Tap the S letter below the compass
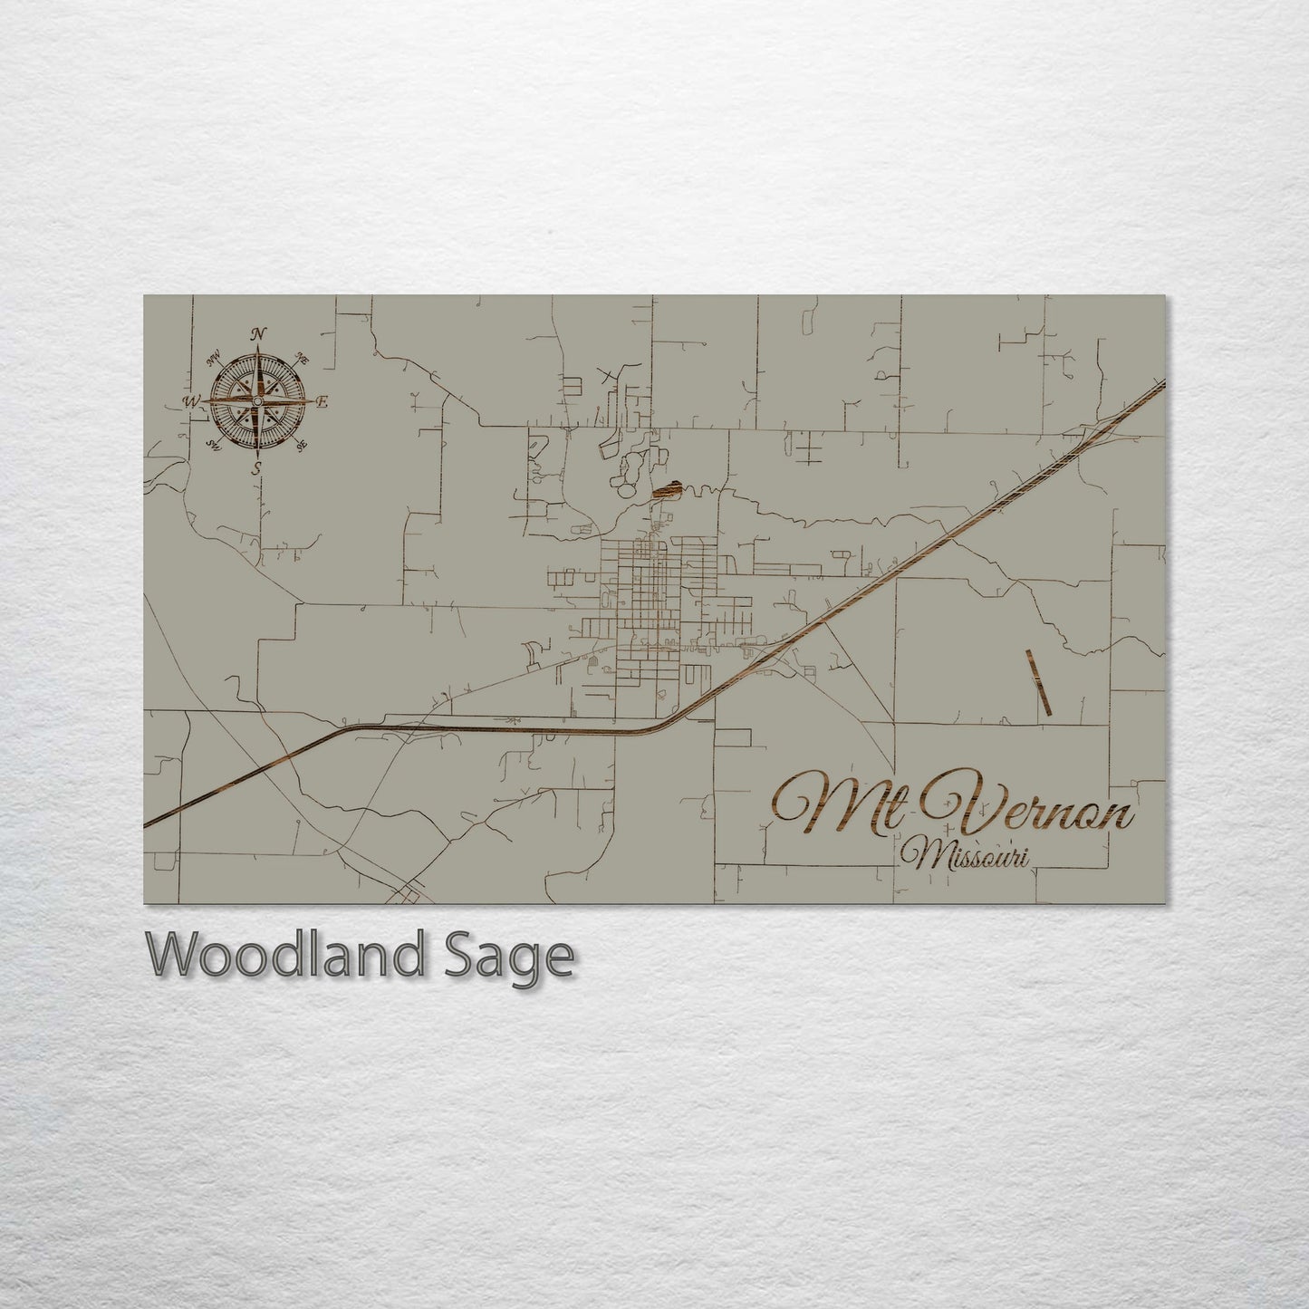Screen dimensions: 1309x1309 click(x=257, y=467)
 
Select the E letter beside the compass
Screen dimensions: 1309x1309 click(x=323, y=401)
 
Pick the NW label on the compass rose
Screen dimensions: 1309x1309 click(x=216, y=360)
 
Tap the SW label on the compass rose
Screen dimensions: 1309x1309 click(x=215, y=444)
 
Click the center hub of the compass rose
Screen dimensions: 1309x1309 click(x=258, y=400)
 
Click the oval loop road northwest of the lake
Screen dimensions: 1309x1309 click(x=628, y=468)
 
